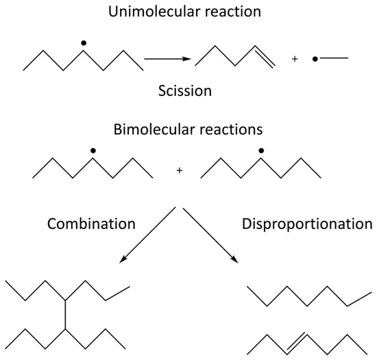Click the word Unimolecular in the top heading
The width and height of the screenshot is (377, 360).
(151, 11)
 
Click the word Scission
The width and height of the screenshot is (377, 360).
(185, 91)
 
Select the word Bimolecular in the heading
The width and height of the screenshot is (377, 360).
(154, 130)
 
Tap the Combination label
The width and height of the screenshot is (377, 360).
(91, 224)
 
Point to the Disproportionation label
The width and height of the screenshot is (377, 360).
(307, 224)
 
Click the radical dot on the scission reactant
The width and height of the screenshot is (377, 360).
(84, 43)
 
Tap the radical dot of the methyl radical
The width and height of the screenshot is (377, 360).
(315, 59)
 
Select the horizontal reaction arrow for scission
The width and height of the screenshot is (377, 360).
(167, 59)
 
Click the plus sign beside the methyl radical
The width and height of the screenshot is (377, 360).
(295, 59)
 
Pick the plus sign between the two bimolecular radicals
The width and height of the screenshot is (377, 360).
(180, 171)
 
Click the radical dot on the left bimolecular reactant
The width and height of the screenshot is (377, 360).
(93, 151)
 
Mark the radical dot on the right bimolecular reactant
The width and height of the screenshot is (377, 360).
(261, 151)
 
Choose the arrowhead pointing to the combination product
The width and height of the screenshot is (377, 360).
(123, 259)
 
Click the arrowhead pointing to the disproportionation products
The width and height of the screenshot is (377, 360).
(235, 260)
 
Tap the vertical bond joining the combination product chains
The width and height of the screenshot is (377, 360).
(65, 315)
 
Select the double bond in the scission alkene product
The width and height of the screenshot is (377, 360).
(265, 57)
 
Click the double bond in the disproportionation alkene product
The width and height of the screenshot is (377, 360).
(296, 344)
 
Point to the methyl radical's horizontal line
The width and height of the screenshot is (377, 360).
(334, 58)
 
